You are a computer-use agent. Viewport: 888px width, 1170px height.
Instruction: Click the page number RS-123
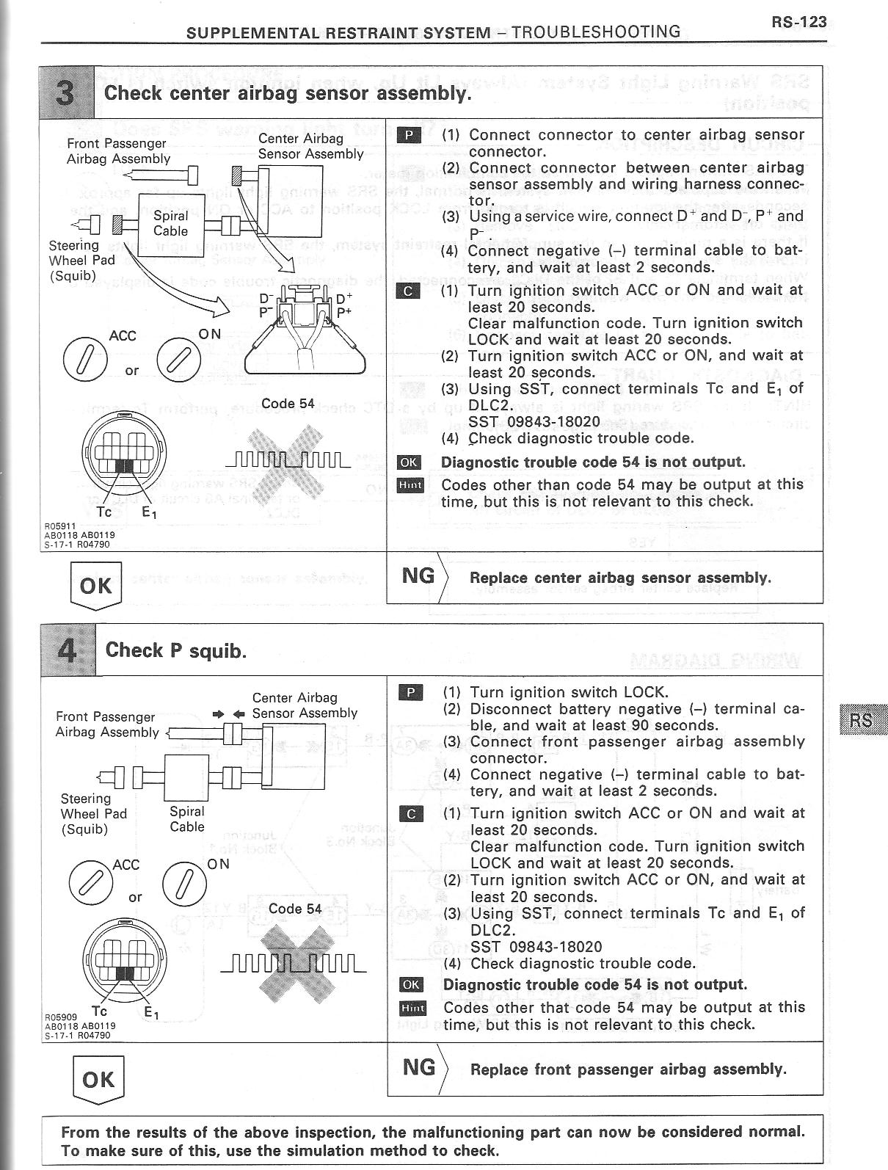pyautogui.click(x=798, y=22)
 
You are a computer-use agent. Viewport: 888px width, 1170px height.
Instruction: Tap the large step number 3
pyautogui.click(x=68, y=92)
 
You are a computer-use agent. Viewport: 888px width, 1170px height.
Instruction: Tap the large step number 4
pyautogui.click(x=68, y=649)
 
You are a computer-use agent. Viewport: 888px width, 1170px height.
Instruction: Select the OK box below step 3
pyautogui.click(x=95, y=586)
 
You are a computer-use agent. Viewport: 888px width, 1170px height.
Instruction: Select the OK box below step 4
pyautogui.click(x=98, y=1079)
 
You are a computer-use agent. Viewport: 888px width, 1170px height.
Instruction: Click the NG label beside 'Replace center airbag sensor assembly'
pyautogui.click(x=418, y=575)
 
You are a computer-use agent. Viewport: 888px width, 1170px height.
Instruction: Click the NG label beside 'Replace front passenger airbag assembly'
pyautogui.click(x=419, y=1067)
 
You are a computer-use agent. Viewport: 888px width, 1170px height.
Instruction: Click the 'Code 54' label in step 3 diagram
pyautogui.click(x=288, y=404)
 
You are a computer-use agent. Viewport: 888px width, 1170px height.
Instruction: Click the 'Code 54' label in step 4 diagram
pyautogui.click(x=295, y=909)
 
